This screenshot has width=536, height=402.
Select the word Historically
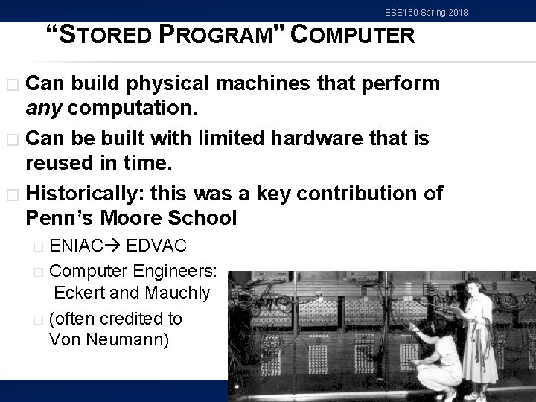pos(83,194)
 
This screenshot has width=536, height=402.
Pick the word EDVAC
pos(156,246)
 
